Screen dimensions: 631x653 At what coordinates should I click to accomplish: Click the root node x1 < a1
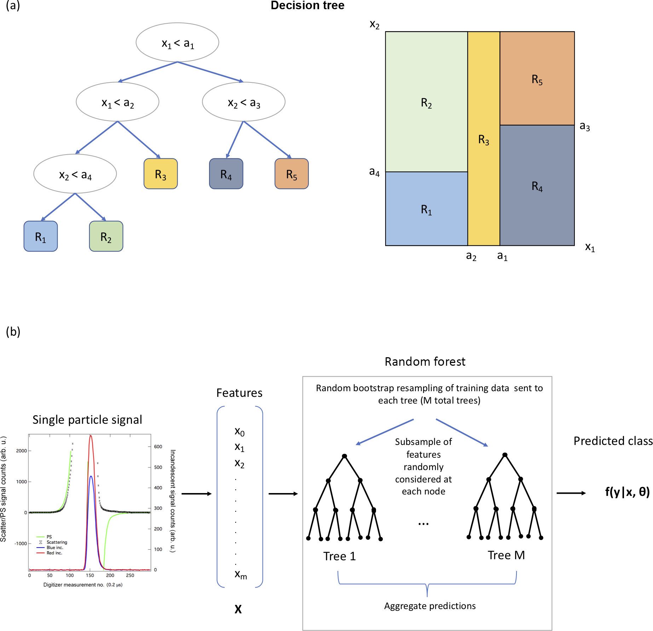(x=177, y=43)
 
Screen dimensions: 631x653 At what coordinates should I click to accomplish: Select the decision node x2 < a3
(x=243, y=102)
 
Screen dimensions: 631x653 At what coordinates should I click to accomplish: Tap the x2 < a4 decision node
(x=75, y=174)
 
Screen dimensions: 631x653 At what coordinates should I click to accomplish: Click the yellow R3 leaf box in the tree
(x=161, y=174)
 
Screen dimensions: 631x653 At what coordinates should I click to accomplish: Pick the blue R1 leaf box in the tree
(x=41, y=236)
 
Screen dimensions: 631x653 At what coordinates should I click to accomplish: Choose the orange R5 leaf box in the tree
(x=291, y=174)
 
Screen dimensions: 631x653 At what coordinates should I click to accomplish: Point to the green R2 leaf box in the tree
(x=106, y=236)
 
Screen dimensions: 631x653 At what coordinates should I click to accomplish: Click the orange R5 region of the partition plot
(x=537, y=79)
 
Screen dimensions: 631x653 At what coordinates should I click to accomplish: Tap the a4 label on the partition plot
(x=374, y=172)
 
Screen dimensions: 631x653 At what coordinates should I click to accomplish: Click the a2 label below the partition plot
(x=471, y=256)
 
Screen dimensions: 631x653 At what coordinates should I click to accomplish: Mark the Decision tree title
(x=307, y=5)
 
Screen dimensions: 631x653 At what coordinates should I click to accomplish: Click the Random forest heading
(x=425, y=361)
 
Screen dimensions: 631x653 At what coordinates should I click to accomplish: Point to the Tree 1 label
(x=339, y=556)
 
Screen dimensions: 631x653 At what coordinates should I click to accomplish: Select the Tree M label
(x=506, y=555)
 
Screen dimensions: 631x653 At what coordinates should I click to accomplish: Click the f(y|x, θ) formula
(x=627, y=492)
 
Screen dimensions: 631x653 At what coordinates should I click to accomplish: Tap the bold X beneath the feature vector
(x=238, y=609)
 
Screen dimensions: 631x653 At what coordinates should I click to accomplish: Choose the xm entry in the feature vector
(x=241, y=574)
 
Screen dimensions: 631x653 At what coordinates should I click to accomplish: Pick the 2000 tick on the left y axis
(x=21, y=451)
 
